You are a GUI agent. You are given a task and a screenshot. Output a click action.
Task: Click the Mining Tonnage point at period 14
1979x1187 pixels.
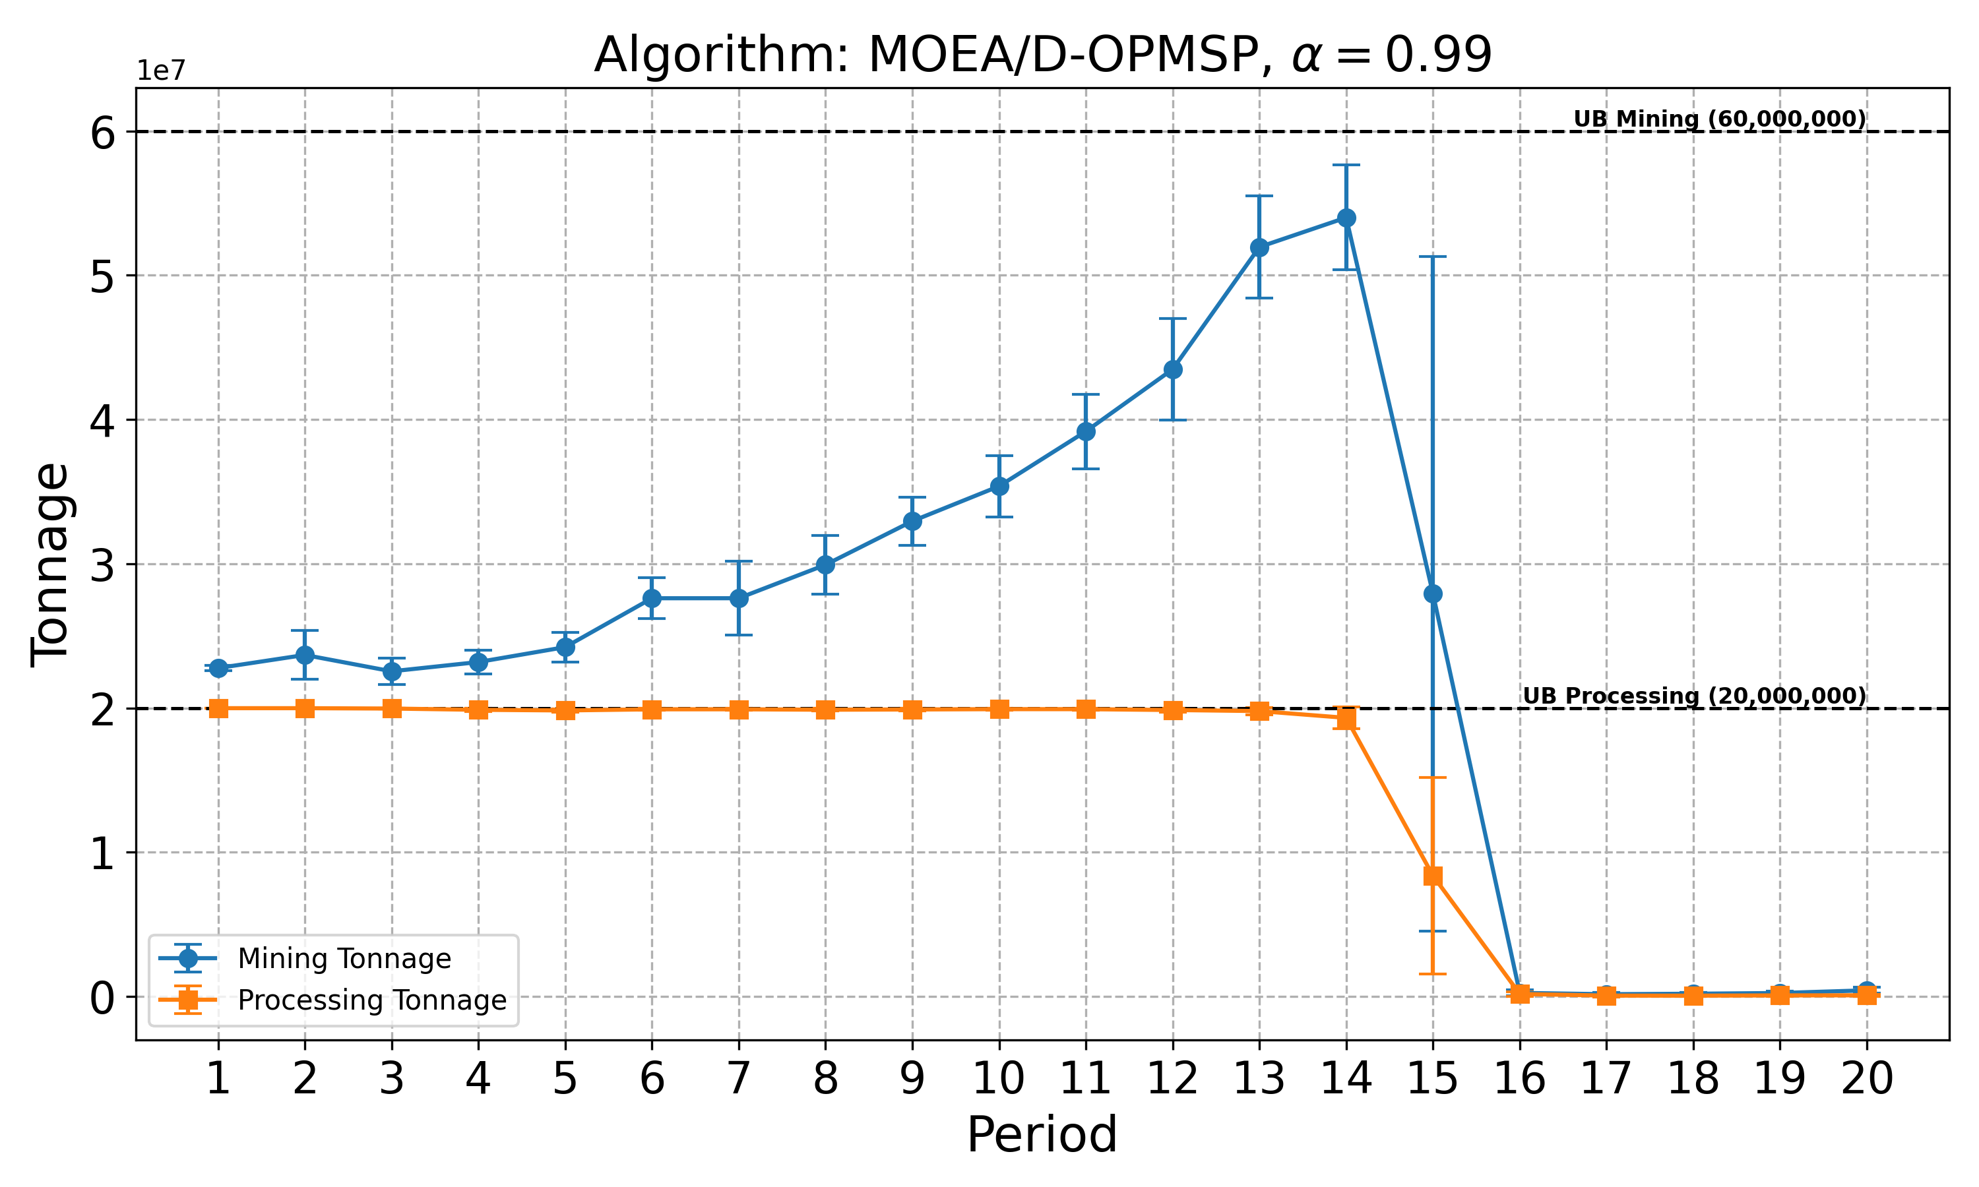coord(1346,218)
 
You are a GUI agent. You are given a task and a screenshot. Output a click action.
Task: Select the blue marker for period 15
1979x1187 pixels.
coord(1433,593)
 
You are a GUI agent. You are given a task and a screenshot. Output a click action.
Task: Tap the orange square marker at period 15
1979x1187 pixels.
coord(1433,876)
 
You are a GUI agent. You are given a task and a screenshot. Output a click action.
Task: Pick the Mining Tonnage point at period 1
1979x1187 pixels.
coord(218,668)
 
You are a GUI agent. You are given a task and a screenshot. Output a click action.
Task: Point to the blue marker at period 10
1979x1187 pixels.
coord(999,485)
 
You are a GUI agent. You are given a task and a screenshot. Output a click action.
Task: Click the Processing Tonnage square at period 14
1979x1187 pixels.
coord(1346,718)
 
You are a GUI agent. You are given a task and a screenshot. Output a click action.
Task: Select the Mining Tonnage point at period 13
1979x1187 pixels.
coord(1259,247)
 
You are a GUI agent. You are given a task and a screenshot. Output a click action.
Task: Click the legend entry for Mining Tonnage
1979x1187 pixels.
coord(344,958)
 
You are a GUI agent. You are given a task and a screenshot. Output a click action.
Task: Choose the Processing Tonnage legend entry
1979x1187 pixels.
coord(372,1000)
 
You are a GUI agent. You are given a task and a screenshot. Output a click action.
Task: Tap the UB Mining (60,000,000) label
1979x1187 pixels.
coord(1719,119)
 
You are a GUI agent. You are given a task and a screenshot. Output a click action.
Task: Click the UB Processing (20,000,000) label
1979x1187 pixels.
coord(1693,696)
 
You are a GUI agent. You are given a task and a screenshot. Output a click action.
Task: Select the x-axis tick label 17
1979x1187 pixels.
coord(1606,1079)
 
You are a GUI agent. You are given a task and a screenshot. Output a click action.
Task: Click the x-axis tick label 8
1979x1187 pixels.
coord(825,1079)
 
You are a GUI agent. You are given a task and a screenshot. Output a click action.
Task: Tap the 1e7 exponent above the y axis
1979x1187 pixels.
coord(161,71)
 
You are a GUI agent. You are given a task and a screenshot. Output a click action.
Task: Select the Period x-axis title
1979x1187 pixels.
coord(1042,1135)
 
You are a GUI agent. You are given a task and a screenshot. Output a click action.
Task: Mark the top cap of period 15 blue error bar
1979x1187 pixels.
coord(1433,257)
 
